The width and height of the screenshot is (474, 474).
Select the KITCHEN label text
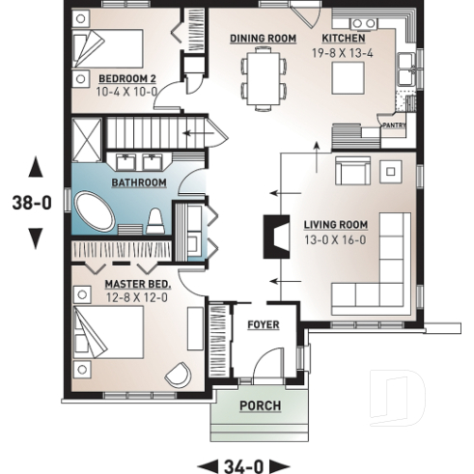[343, 39]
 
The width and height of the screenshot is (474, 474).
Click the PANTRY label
[393, 125]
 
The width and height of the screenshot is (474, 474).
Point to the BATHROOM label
[139, 182]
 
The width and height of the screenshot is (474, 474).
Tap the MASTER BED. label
[137, 285]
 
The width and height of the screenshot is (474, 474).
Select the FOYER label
[263, 325]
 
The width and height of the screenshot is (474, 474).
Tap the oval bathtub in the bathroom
[98, 212]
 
